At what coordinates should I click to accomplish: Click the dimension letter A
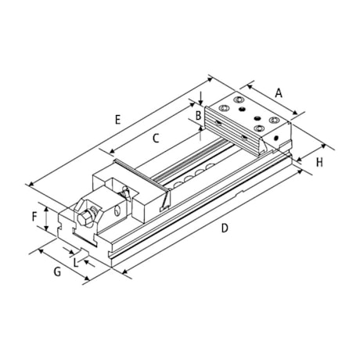(279, 92)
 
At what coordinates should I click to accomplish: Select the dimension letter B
(199, 116)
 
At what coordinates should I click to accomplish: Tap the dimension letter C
(156, 139)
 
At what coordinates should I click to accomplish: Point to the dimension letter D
(224, 228)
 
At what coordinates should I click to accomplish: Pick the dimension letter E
(117, 120)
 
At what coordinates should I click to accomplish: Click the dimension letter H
(319, 162)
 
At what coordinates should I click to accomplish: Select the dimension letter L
(76, 262)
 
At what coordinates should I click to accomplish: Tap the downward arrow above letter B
(201, 99)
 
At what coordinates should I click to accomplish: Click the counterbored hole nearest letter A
(274, 119)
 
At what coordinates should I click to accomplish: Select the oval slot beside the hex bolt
(116, 211)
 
